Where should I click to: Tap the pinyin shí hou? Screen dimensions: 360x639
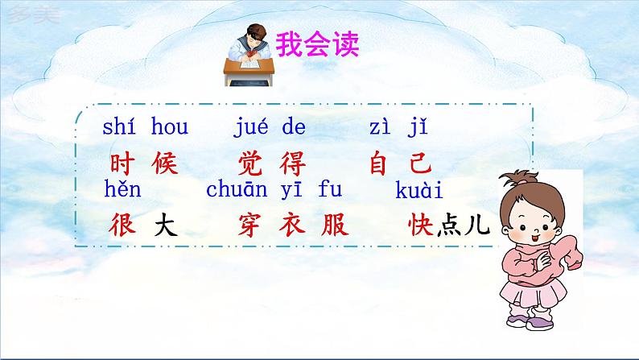pos(145,127)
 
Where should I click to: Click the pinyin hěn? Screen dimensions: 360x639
pos(122,191)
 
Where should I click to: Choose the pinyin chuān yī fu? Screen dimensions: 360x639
pos(274,191)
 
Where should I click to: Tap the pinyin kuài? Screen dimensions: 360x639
pos(420,191)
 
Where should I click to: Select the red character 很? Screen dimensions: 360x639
pos(121,226)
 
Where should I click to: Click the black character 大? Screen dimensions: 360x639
pos(164,226)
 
